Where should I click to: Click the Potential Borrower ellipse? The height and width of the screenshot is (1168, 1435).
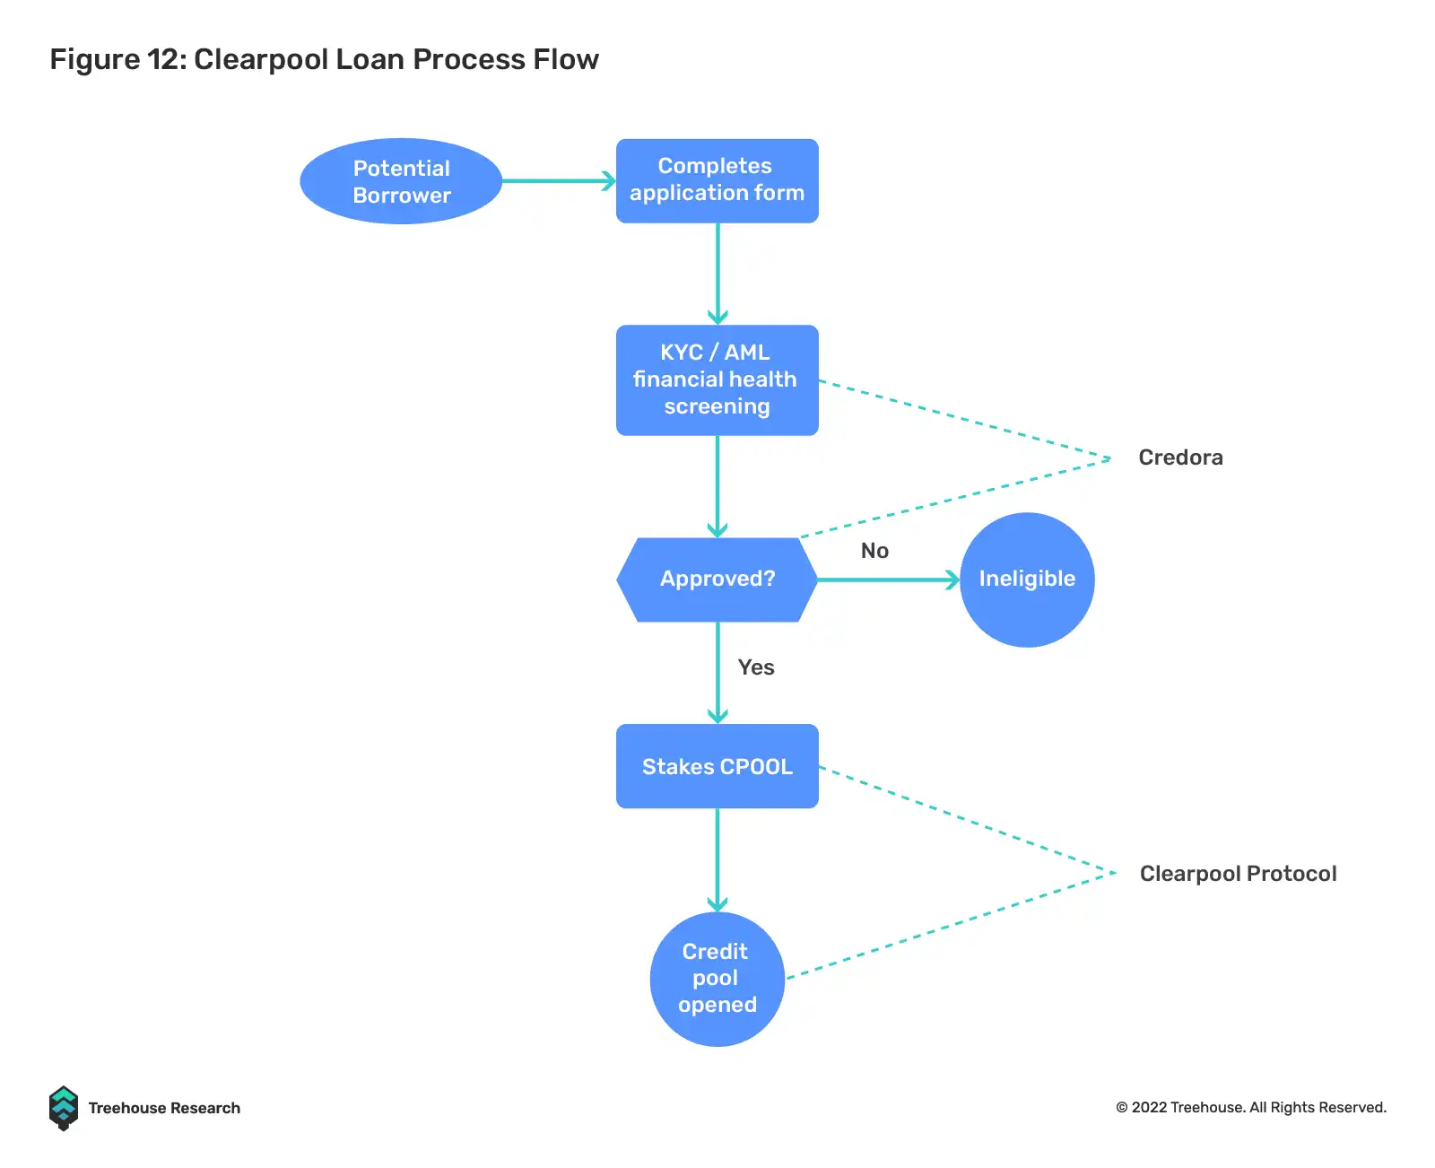401,181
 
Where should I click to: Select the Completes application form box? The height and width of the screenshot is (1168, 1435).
717,180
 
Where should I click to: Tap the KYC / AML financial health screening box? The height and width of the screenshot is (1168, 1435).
717,380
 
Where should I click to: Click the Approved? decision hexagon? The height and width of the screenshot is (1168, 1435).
717,580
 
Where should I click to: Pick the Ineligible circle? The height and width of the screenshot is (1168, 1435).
1027,580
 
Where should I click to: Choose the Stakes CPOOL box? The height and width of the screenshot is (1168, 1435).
717,766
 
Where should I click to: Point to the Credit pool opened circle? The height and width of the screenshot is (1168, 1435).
717,979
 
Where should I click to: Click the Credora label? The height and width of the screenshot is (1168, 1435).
1180,458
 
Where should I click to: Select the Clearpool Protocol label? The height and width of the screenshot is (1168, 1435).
1238,874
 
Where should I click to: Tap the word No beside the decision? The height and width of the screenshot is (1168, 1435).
874,551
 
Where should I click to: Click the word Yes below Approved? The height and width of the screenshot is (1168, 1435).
756,667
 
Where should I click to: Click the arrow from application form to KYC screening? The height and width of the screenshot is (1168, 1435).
717,274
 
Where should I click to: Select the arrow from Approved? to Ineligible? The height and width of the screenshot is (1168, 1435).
888,580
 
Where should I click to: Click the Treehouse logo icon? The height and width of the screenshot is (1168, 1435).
64,1108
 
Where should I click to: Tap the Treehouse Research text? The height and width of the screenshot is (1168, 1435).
164,1108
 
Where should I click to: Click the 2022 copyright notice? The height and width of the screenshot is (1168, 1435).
1251,1107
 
